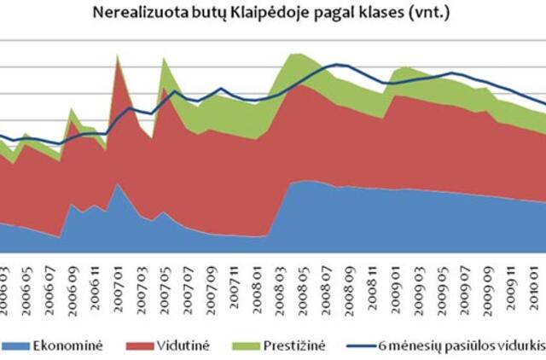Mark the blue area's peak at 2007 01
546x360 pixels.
tap(117, 186)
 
